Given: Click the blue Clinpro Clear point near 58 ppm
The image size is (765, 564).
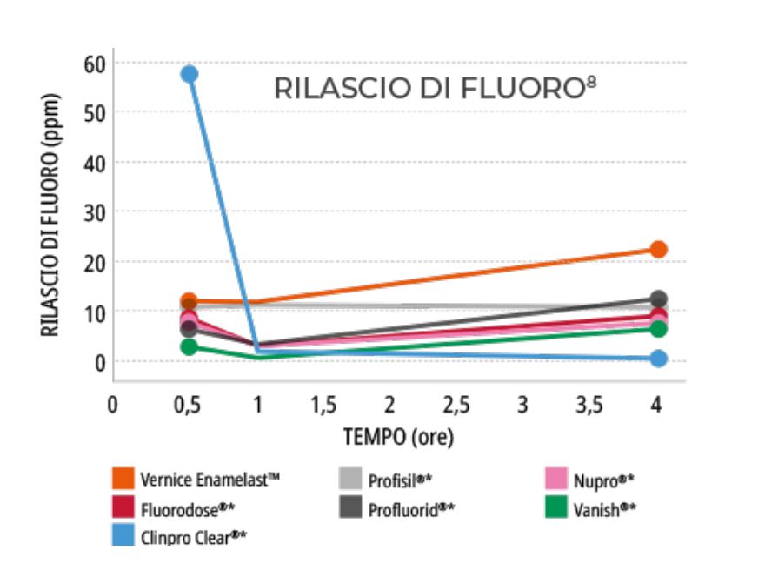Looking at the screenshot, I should [189, 74].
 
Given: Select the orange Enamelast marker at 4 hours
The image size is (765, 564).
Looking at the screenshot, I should [658, 250].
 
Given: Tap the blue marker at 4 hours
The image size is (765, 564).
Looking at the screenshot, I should [658, 359].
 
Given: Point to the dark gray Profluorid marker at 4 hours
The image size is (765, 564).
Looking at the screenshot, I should [658, 299].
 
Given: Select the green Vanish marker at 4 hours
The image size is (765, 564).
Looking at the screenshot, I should [658, 329].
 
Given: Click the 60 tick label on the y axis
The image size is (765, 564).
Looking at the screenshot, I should [94, 64].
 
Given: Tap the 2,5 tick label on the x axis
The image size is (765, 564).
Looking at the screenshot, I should [456, 406].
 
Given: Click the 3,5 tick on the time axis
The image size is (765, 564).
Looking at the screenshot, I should [590, 406].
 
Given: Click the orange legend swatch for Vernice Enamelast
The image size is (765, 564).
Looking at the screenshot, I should [123, 479].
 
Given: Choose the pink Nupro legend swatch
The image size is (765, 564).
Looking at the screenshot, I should [555, 479].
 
